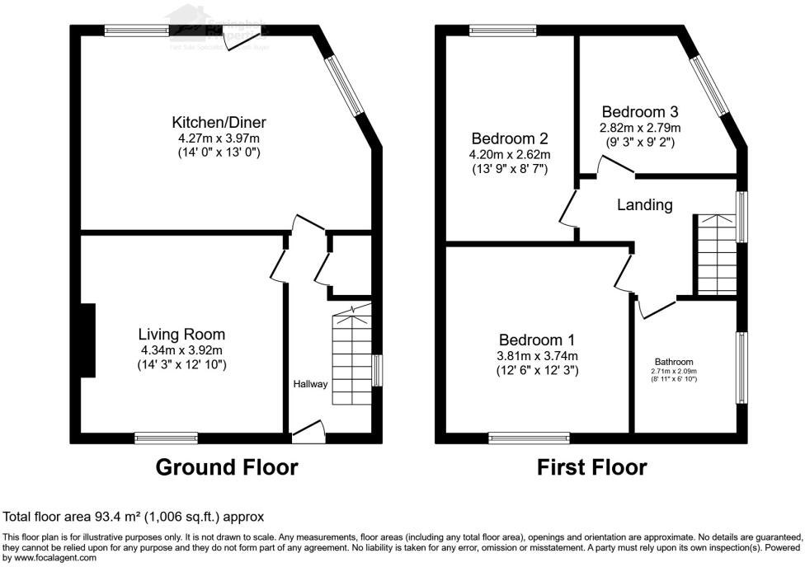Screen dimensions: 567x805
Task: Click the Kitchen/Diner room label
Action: point(219,122)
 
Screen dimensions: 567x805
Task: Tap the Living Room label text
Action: point(181,335)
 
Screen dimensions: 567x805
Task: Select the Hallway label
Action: point(311,384)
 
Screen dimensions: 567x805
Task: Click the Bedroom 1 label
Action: point(537,340)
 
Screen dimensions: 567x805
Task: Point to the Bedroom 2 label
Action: point(509,138)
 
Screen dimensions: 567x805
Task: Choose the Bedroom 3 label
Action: point(640,112)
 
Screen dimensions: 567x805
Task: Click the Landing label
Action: point(645,204)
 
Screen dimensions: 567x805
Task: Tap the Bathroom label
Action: point(674,362)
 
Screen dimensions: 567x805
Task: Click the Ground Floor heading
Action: point(227,468)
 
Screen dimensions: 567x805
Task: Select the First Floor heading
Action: point(591,468)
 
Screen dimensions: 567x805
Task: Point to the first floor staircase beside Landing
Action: point(714,255)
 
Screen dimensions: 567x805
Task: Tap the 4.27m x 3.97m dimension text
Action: point(219,138)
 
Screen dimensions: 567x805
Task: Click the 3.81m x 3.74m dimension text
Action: point(537,356)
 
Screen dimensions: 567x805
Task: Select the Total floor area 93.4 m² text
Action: point(134,518)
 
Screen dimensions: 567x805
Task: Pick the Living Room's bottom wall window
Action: point(167,438)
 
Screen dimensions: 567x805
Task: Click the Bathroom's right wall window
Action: point(742,368)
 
